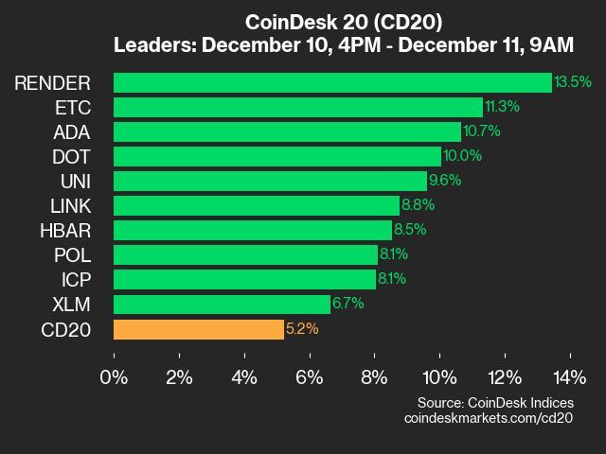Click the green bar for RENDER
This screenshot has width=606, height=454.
(x=332, y=82)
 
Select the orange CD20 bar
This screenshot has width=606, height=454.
(x=198, y=329)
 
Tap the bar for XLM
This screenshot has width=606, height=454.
(x=222, y=304)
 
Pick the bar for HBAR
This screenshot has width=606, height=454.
(x=252, y=230)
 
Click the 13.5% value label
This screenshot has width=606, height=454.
(x=573, y=82)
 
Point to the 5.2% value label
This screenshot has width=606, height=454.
(x=302, y=329)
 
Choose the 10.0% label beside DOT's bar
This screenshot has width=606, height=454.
(x=461, y=156)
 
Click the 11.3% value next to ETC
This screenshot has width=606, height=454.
(x=502, y=107)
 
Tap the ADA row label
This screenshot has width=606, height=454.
(x=71, y=131)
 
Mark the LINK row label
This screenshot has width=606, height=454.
(x=69, y=205)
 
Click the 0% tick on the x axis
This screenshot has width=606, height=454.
(x=114, y=377)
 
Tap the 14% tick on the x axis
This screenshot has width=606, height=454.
(x=569, y=377)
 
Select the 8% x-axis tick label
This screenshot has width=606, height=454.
(x=374, y=377)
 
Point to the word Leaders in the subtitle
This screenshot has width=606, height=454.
(x=153, y=44)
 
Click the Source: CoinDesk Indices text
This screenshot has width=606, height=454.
(x=495, y=403)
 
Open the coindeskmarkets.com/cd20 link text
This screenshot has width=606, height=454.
(x=489, y=418)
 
